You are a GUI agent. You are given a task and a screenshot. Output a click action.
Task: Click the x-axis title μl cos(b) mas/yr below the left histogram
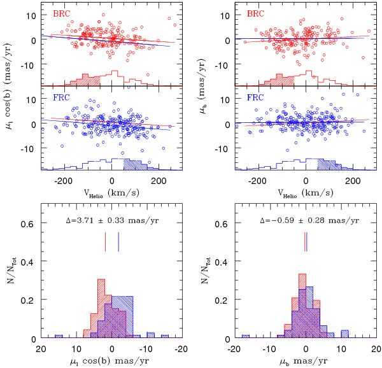coord(113,361)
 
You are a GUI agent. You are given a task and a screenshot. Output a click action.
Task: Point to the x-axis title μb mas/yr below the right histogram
coord(306,361)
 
